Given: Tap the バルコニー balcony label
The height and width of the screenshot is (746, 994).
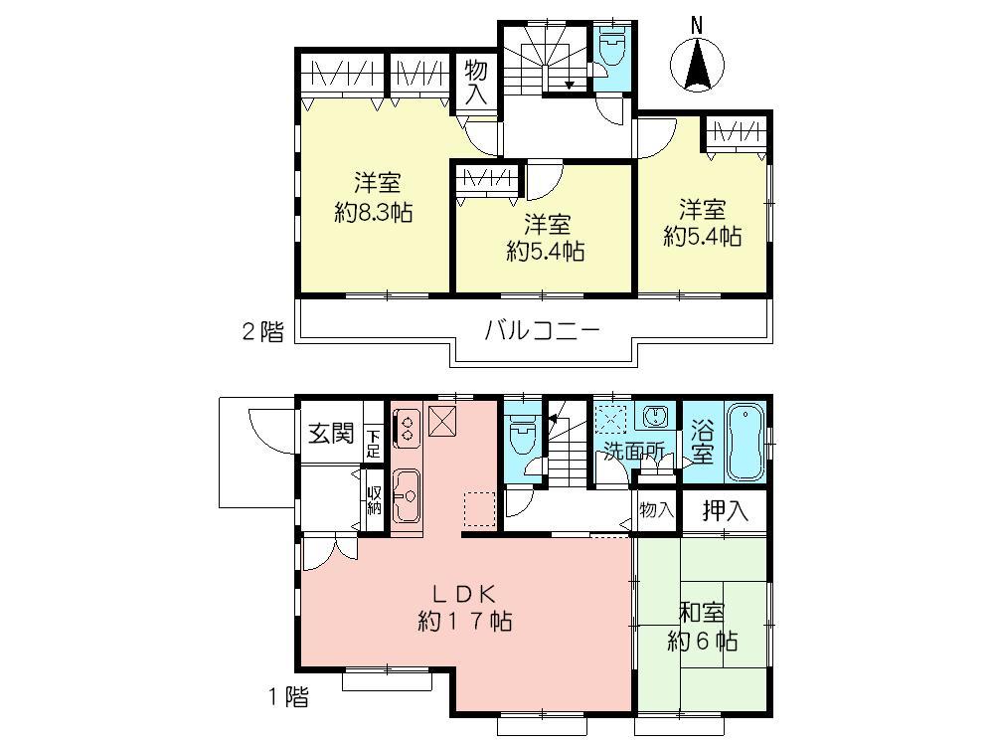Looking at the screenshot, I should pyautogui.click(x=542, y=331).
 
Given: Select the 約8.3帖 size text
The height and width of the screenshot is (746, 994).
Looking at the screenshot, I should pyautogui.click(x=375, y=212).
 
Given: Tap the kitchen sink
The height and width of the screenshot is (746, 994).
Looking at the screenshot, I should pyautogui.click(x=408, y=492).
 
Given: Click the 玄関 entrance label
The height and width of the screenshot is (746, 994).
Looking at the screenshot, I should pyautogui.click(x=330, y=434).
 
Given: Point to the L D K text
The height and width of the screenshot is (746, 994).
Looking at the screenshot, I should pyautogui.click(x=463, y=594).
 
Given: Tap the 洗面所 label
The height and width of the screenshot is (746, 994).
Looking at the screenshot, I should pyautogui.click(x=636, y=451).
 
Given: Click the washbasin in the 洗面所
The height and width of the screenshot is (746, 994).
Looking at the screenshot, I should pyautogui.click(x=654, y=417).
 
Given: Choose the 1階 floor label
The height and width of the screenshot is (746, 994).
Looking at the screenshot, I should pyautogui.click(x=287, y=697).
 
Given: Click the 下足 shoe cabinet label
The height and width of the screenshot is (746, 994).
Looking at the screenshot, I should pyautogui.click(x=373, y=443).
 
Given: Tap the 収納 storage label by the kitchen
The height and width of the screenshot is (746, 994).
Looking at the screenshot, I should pyautogui.click(x=374, y=500).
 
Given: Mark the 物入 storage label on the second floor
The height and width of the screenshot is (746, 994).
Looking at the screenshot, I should pyautogui.click(x=475, y=82).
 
